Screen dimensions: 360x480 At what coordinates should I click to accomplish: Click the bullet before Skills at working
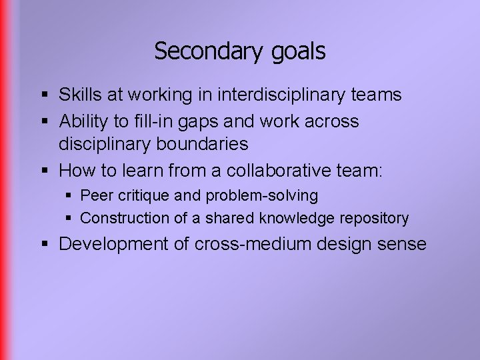44,95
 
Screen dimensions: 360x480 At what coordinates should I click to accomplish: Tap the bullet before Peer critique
69,197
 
